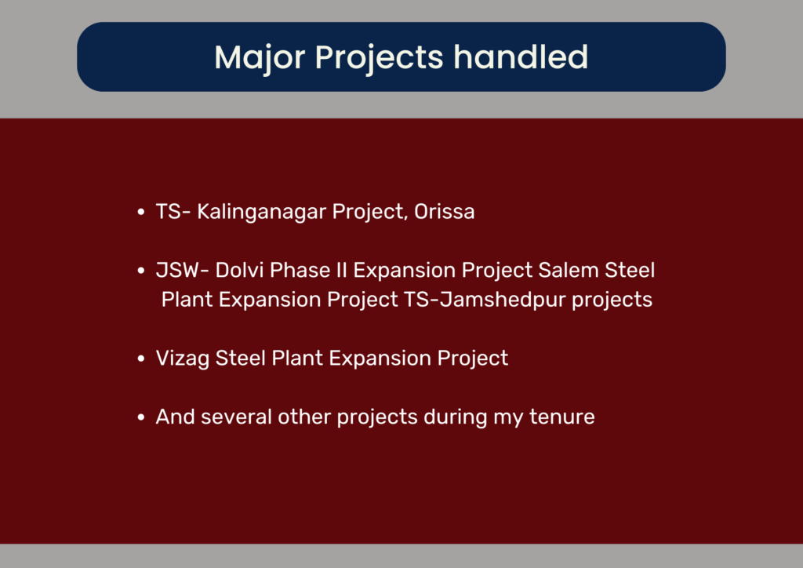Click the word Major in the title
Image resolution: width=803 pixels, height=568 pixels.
pyautogui.click(x=260, y=57)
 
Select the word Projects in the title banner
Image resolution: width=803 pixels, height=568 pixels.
pyautogui.click(x=379, y=58)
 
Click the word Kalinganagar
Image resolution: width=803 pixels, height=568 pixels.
pyautogui.click(x=261, y=212)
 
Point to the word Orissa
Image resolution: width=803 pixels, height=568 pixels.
pyautogui.click(x=444, y=212)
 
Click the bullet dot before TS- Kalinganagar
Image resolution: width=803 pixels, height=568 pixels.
pyautogui.click(x=141, y=212)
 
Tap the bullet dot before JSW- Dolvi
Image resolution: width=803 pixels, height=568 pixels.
pyautogui.click(x=141, y=271)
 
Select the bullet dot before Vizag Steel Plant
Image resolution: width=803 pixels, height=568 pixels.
pyautogui.click(x=141, y=359)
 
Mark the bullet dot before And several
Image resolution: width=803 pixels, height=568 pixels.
pyautogui.click(x=141, y=417)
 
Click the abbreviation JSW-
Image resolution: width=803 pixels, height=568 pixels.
pyautogui.click(x=182, y=270)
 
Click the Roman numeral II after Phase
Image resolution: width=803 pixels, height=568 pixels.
pyautogui.click(x=342, y=270)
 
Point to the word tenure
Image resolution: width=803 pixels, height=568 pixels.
pyautogui.click(x=561, y=417)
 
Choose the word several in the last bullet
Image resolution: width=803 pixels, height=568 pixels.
pyautogui.click(x=236, y=417)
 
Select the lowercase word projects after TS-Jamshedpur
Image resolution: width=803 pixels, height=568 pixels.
pyautogui.click(x=612, y=300)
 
